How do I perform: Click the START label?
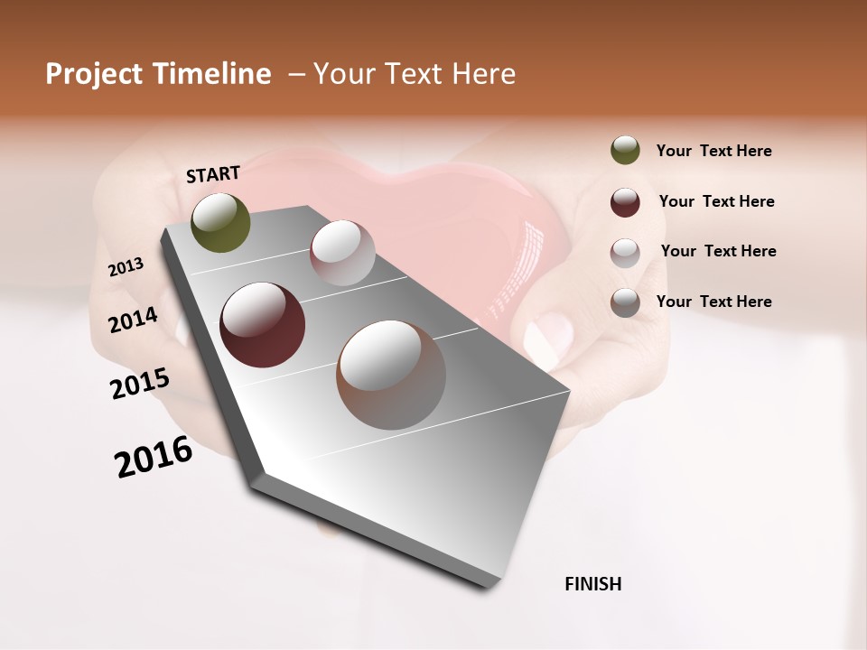point(213,174)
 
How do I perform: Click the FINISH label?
point(592,584)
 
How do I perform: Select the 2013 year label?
point(126,267)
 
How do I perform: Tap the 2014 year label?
point(133,320)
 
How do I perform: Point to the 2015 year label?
point(140,384)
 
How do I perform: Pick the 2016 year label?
point(154,457)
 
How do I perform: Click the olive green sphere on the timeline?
point(220,222)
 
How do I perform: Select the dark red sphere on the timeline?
point(262,325)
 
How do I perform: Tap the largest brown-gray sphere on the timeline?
point(391,375)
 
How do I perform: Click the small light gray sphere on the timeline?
point(342,253)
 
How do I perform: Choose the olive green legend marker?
point(625,151)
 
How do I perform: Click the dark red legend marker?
point(625,202)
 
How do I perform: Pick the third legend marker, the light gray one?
point(625,253)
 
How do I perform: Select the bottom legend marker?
point(625,302)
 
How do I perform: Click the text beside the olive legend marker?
point(713,151)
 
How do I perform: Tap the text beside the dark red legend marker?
point(716,201)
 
